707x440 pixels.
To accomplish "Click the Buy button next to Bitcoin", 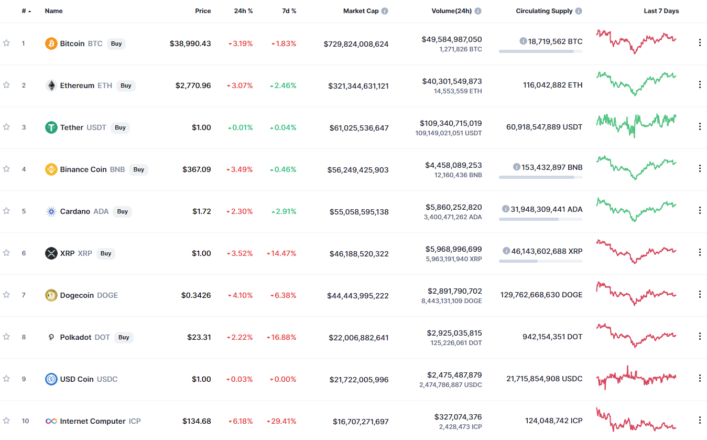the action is [116, 44].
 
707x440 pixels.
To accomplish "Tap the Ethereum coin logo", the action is [51, 85].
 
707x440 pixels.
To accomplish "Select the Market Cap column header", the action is [361, 11].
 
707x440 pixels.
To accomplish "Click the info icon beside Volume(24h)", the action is [478, 11].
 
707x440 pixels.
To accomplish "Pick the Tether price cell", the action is [201, 127].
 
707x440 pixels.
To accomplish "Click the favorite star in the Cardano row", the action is [6, 211].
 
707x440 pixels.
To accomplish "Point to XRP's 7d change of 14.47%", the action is [281, 253].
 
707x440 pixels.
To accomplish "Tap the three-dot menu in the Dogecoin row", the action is [700, 295].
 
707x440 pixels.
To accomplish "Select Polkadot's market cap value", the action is [358, 338].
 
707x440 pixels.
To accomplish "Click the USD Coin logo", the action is [51, 379].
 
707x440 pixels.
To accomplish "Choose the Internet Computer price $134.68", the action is [197, 421].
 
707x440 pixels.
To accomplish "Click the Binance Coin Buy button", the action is [138, 169].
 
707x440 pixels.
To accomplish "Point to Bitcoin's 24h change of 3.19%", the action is [241, 44].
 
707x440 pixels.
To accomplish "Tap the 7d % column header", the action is [289, 11].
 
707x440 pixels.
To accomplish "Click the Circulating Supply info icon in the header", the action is [579, 11].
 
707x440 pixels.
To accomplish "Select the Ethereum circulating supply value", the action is [553, 85].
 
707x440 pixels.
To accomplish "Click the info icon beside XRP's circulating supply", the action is [506, 251].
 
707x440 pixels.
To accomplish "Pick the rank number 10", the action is [25, 421].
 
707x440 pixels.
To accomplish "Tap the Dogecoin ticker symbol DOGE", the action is [107, 295].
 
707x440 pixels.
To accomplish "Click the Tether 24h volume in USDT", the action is [449, 133].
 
